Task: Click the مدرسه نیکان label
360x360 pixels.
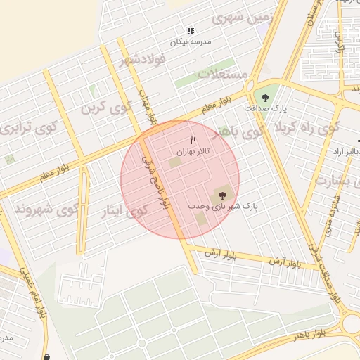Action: click(191, 41)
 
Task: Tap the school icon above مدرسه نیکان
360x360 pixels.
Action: click(191, 31)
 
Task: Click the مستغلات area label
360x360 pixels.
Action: click(222, 73)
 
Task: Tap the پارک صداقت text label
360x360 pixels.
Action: click(266, 109)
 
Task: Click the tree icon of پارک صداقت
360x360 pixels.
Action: click(265, 98)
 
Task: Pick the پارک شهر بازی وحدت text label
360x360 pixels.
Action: click(224, 207)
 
